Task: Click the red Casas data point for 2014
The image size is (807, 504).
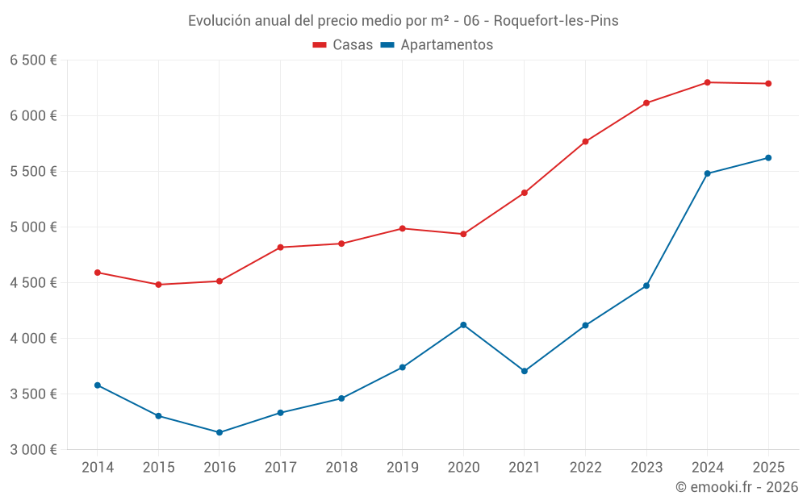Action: [97, 273]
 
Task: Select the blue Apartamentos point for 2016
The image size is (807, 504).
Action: [220, 432]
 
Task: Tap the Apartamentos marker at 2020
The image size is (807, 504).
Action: [463, 325]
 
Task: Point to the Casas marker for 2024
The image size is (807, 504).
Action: [707, 82]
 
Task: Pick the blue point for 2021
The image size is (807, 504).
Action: [525, 371]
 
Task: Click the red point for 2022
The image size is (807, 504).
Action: [585, 142]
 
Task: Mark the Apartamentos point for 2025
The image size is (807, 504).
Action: [768, 158]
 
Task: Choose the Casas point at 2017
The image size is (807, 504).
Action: [280, 248]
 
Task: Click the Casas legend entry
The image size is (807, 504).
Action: [343, 45]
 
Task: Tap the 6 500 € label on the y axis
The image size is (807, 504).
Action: [33, 60]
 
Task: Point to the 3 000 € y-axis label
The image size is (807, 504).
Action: [33, 450]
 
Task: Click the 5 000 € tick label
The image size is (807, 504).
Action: [33, 227]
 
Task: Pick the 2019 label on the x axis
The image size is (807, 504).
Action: [402, 468]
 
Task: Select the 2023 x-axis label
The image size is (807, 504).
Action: [646, 468]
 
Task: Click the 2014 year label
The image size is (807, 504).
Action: [97, 468]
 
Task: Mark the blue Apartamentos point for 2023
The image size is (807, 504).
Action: [646, 285]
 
